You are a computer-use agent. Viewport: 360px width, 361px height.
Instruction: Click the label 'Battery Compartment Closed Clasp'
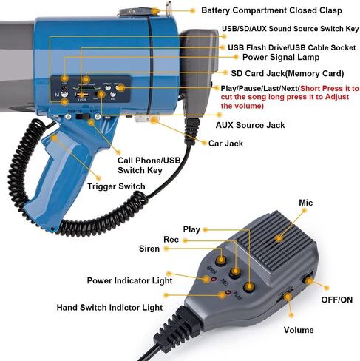(271, 10)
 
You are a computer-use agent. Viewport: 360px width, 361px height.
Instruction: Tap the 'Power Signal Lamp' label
(281, 57)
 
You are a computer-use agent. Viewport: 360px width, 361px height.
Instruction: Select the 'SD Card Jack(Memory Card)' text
(288, 73)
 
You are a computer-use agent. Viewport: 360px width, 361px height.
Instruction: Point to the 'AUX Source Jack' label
(250, 125)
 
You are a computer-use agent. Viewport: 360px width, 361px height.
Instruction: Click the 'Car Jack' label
(225, 144)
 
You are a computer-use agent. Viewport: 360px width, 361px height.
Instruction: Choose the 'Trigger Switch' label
(116, 186)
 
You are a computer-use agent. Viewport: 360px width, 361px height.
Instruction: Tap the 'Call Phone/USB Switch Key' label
(149, 165)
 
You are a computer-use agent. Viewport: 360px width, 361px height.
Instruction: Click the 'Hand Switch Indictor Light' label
(109, 308)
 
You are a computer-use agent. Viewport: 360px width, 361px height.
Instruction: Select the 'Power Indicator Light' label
(129, 280)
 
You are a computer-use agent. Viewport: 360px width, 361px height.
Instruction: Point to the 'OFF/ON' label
(336, 300)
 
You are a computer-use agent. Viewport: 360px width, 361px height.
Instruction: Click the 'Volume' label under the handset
(299, 330)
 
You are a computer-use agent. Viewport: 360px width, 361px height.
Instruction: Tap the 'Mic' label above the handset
(305, 203)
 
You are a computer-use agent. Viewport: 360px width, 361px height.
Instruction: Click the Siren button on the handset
(221, 260)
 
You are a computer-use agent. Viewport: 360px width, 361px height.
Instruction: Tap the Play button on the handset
(249, 287)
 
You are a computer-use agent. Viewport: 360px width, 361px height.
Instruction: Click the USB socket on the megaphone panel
(82, 95)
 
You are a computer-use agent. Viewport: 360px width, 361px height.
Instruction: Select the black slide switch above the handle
(82, 116)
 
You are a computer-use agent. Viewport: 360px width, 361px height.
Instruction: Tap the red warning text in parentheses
(290, 97)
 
